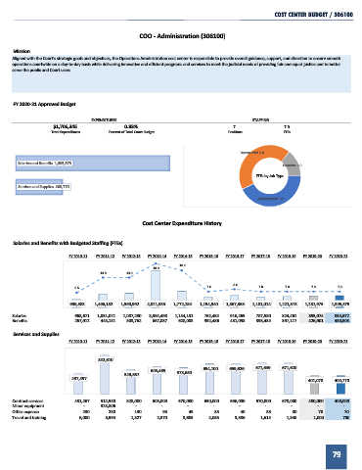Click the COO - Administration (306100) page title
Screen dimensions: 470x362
tap(181, 35)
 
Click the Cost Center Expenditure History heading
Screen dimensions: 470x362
tap(181, 222)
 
